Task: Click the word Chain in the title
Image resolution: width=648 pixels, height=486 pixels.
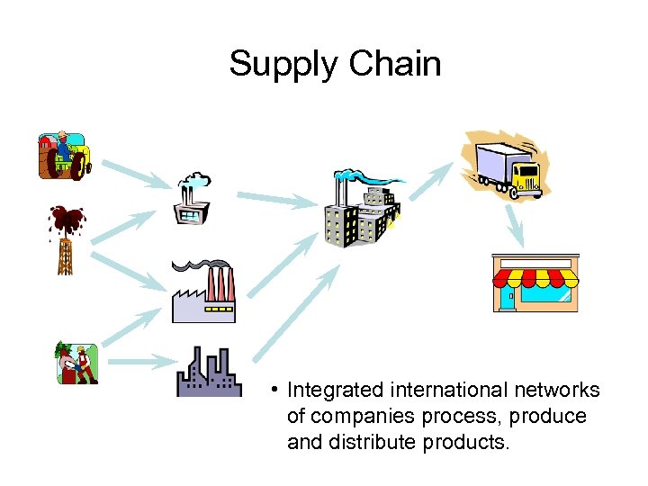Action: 395,63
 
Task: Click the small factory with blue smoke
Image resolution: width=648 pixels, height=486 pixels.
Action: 192,200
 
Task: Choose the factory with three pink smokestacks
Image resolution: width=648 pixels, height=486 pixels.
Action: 205,292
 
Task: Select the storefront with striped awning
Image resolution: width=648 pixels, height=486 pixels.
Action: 532,283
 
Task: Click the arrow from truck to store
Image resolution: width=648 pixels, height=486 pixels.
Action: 514,225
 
